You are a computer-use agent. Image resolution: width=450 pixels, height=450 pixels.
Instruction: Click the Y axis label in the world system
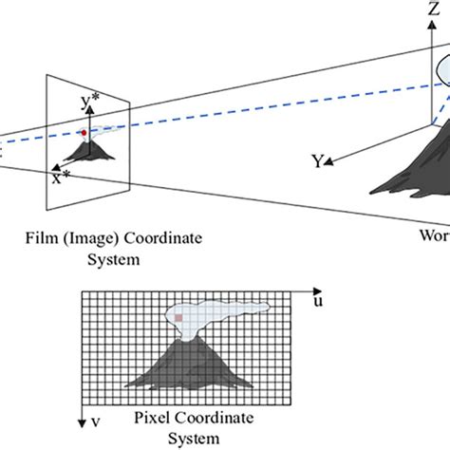318,161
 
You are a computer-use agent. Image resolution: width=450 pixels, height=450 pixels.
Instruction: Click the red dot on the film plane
84,133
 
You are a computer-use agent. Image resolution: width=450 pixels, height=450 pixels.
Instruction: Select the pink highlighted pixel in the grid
177,318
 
